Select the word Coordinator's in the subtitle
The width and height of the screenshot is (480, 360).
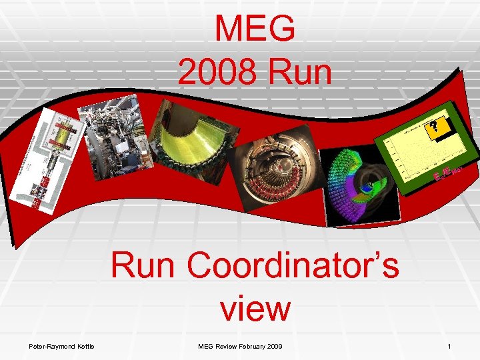[x=293, y=266]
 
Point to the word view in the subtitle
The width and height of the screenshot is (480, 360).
[x=255, y=309]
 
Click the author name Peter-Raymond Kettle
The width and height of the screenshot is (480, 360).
[x=61, y=347]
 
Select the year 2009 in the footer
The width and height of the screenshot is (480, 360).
[x=274, y=347]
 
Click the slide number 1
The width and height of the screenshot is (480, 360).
[x=449, y=347]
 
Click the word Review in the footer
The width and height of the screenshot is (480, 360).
[x=225, y=347]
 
